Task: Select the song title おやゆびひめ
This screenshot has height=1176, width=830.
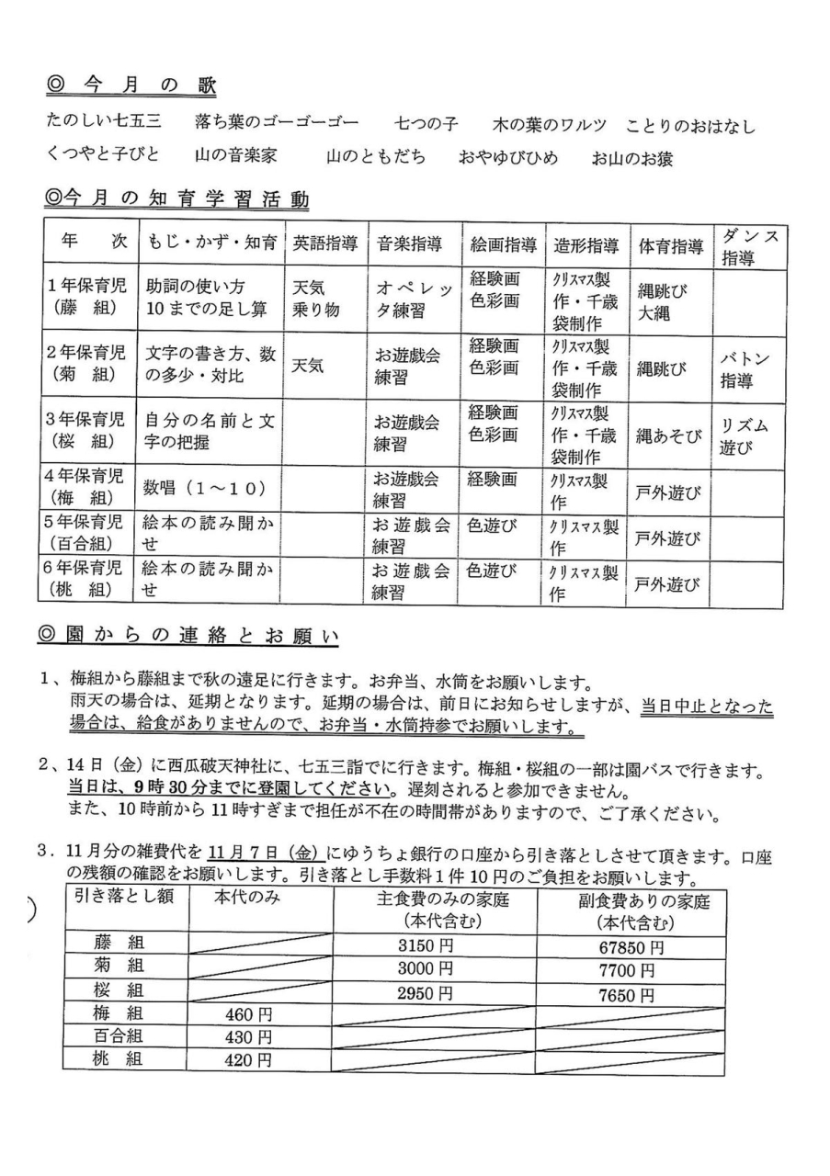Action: click(x=508, y=157)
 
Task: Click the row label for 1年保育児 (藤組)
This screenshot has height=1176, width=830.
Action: click(x=89, y=298)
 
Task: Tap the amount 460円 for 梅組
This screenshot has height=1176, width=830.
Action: click(x=248, y=1014)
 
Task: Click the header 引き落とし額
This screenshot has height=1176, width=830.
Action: click(x=123, y=896)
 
